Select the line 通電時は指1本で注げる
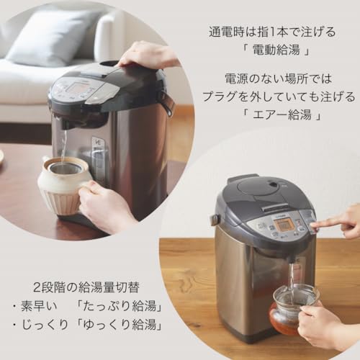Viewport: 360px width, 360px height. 271,32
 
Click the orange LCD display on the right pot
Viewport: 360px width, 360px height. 286,225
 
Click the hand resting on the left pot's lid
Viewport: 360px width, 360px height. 148,55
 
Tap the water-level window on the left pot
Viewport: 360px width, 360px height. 99,158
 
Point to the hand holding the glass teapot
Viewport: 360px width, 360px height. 320,324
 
